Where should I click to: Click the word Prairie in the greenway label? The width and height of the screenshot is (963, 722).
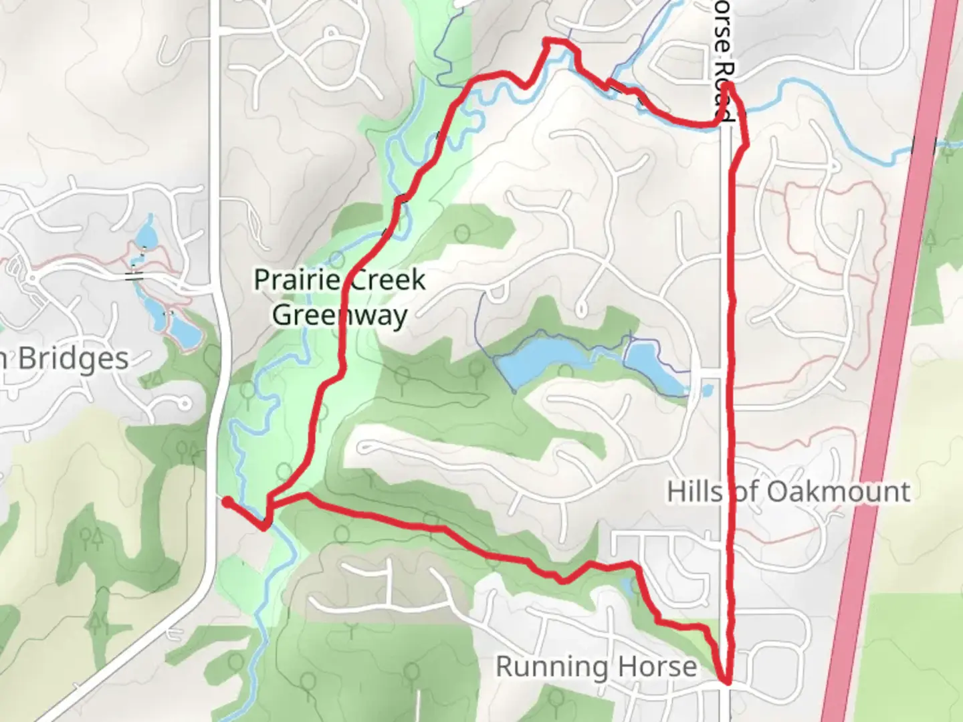point(294,279)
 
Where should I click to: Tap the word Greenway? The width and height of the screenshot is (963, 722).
point(339,315)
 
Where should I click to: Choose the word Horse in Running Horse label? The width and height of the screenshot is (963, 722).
point(657,667)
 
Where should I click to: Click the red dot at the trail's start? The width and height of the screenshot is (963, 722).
point(227,501)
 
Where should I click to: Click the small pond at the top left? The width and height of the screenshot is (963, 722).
point(146,234)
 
